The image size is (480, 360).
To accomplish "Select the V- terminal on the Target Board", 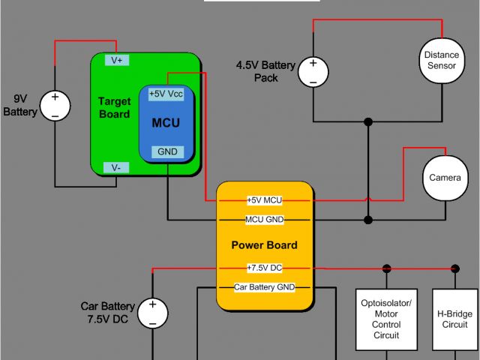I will (116, 167).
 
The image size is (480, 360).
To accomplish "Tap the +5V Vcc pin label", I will (166, 94).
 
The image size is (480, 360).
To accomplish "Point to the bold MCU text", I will (166, 122).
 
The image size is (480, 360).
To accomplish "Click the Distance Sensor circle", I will (441, 61).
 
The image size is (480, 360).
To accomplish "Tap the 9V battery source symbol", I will (55, 106).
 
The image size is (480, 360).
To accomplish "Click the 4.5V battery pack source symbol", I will (313, 71).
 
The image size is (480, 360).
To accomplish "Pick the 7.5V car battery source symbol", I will (152, 312).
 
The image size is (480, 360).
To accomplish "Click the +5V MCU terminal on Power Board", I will (264, 200).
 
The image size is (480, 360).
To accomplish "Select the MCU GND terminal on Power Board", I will (264, 220).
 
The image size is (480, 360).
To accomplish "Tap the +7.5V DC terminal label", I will (264, 268).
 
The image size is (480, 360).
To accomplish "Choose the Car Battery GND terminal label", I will (264, 287).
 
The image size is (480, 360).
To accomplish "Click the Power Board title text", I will (264, 244).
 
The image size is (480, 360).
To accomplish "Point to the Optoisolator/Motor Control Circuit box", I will (387, 319).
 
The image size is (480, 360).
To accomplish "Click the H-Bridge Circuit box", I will (454, 319).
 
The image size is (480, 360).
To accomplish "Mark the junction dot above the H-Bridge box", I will (454, 268).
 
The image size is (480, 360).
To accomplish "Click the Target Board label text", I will (114, 108).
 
